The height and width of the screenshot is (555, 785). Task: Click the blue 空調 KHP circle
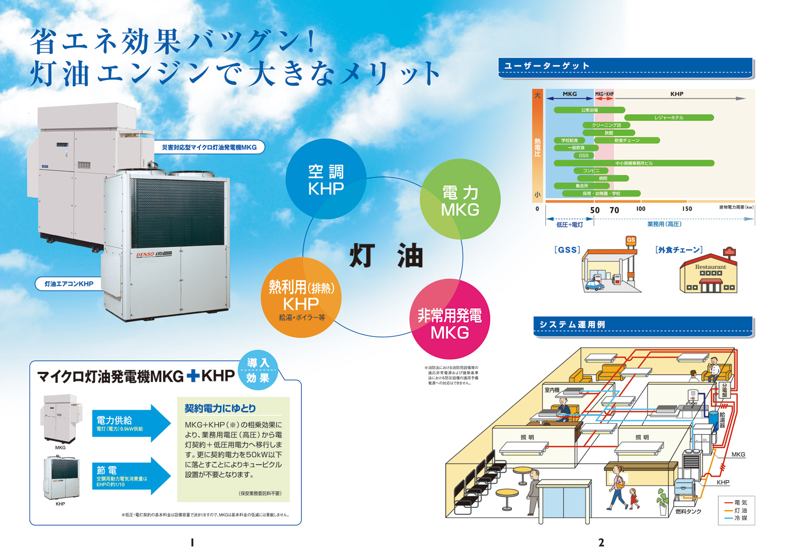tap(326, 179)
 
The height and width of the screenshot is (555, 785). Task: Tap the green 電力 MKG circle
tap(460, 200)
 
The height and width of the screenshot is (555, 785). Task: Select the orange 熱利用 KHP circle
tap(301, 297)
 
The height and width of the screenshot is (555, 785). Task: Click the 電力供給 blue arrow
tap(131, 423)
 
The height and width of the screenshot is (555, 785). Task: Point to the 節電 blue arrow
tap(131, 475)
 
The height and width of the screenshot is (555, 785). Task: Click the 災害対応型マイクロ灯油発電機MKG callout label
tap(209, 148)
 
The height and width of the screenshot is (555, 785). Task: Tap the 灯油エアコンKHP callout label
tap(69, 284)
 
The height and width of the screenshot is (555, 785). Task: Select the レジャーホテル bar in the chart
tap(669, 118)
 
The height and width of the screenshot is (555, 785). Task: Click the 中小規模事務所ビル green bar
tap(634, 163)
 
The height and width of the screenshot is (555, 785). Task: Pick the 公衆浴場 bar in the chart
tap(589, 110)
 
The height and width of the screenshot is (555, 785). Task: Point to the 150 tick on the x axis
tap(687, 209)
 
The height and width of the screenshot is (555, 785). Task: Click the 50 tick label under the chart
tap(595, 210)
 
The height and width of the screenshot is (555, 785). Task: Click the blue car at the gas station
tap(593, 285)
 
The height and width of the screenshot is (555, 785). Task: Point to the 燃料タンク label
tap(688, 511)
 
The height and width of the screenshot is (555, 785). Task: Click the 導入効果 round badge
tap(257, 370)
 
